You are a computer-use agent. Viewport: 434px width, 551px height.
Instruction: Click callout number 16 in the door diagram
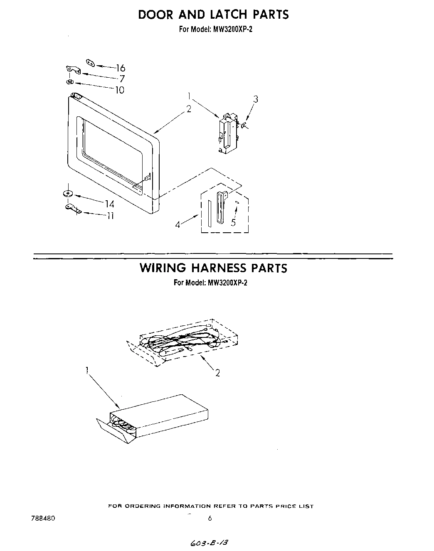click(x=120, y=68)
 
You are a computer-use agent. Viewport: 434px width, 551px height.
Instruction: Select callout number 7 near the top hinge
click(x=122, y=79)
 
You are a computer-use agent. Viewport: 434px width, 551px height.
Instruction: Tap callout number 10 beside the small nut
click(x=119, y=90)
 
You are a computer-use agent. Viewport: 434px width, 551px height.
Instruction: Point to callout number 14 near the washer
click(x=109, y=204)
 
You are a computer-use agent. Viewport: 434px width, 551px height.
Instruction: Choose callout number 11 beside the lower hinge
click(x=110, y=216)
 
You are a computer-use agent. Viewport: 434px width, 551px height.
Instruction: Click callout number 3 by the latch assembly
click(x=256, y=99)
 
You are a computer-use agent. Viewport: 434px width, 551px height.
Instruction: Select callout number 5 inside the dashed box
click(x=233, y=223)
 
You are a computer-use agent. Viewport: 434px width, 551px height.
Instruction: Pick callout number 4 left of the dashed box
click(x=178, y=224)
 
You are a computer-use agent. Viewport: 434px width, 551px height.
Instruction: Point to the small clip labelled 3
click(x=243, y=125)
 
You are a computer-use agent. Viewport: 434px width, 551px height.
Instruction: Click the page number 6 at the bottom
click(x=210, y=518)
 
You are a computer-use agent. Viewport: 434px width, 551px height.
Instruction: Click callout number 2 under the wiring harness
click(x=217, y=373)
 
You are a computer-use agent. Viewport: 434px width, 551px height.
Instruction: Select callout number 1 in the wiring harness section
click(x=88, y=370)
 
